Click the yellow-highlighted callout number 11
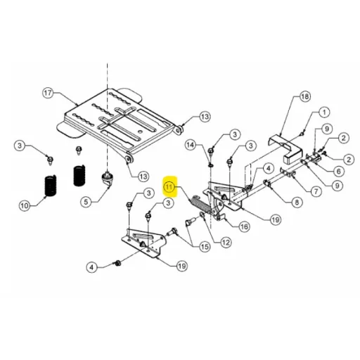[x=170, y=187]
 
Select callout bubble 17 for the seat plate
[x=48, y=93]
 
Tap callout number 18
[x=304, y=96]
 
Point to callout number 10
[x=25, y=206]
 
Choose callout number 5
[x=86, y=202]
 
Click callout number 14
[x=191, y=145]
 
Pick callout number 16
[x=244, y=226]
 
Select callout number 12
[x=226, y=243]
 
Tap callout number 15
[x=205, y=247]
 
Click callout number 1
[x=324, y=112]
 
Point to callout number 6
[x=339, y=172]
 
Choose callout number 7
[x=316, y=192]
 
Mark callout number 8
[x=297, y=202]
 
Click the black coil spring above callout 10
[x=51, y=186]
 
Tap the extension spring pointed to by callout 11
[x=200, y=204]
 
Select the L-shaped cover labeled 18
[x=285, y=149]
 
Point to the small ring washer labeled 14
[x=211, y=165]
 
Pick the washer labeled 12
[x=202, y=214]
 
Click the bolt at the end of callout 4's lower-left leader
[x=117, y=263]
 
